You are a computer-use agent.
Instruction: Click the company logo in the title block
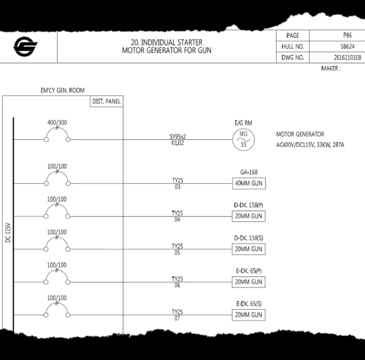click(25, 47)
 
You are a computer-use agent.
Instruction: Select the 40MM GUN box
click(249, 183)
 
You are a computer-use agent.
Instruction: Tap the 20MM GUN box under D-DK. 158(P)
click(249, 216)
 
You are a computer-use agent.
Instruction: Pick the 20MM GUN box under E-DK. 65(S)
click(249, 315)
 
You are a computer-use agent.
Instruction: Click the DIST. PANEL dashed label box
click(107, 102)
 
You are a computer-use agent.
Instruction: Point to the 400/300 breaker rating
click(57, 122)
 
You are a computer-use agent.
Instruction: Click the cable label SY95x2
click(177, 136)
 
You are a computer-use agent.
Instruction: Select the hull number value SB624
click(347, 47)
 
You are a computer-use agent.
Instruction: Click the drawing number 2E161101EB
click(347, 58)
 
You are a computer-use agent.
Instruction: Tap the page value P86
click(347, 35)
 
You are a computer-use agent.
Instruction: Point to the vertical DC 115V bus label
click(8, 233)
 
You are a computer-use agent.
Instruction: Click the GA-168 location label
click(249, 172)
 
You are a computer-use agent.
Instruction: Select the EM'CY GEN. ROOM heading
click(63, 90)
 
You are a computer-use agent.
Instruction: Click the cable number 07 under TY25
click(177, 318)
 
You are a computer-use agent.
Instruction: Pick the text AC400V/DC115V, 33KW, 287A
click(310, 145)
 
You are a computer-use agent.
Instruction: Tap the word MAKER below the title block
click(330, 68)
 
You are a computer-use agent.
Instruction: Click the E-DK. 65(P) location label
click(249, 271)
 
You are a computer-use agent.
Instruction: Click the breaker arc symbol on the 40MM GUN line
click(57, 173)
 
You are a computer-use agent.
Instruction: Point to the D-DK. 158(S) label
click(249, 238)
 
